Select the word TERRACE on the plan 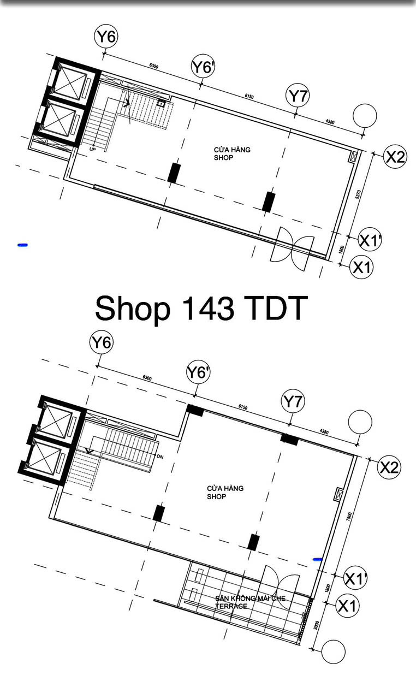[x=231, y=606]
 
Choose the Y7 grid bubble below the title [x=293, y=402]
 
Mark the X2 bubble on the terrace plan [x=390, y=467]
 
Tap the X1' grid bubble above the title [x=370, y=239]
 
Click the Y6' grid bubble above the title [x=203, y=67]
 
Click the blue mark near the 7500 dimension [x=317, y=559]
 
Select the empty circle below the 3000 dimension [x=333, y=651]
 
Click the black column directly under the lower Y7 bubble [x=289, y=439]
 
